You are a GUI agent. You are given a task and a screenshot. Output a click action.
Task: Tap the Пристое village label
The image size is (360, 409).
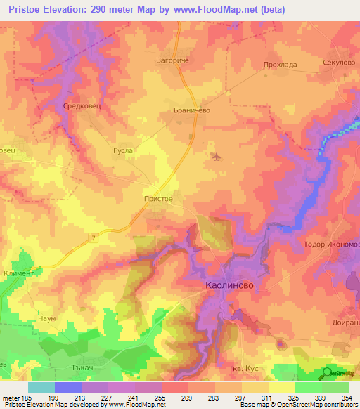157,199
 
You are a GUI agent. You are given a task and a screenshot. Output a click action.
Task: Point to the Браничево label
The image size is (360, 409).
192,110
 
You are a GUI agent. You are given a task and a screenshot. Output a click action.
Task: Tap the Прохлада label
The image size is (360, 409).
280,65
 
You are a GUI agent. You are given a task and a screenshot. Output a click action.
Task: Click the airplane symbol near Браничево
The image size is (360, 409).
215,155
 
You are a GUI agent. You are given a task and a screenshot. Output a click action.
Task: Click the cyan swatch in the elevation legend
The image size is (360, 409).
41,387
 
